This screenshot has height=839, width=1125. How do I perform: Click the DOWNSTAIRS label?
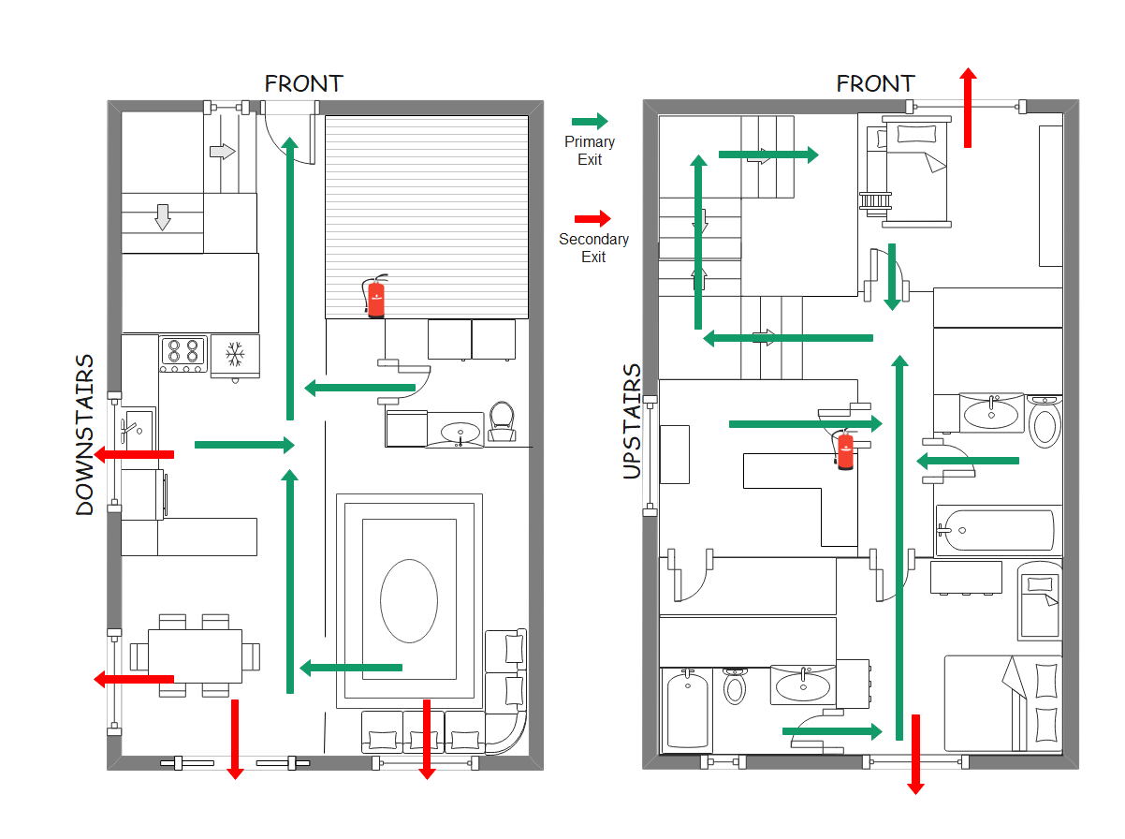click(x=85, y=434)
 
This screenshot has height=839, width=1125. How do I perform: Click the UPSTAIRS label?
click(x=633, y=421)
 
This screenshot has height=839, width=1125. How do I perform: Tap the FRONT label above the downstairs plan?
click(x=303, y=83)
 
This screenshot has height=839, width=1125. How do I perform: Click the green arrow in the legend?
click(x=590, y=121)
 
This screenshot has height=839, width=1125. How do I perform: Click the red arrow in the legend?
click(x=592, y=218)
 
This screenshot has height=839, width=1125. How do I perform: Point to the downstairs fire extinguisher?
click(x=375, y=297)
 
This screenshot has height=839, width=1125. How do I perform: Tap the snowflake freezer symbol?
click(x=235, y=354)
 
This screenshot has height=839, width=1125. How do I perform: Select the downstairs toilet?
click(x=503, y=422)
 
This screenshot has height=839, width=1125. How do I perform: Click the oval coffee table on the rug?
click(x=408, y=600)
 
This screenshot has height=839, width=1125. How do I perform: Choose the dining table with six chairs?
click(x=195, y=655)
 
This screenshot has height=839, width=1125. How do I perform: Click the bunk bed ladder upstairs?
click(x=877, y=199)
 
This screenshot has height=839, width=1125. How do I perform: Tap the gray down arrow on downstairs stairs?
click(x=163, y=217)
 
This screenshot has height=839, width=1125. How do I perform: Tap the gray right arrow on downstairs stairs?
click(x=223, y=151)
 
